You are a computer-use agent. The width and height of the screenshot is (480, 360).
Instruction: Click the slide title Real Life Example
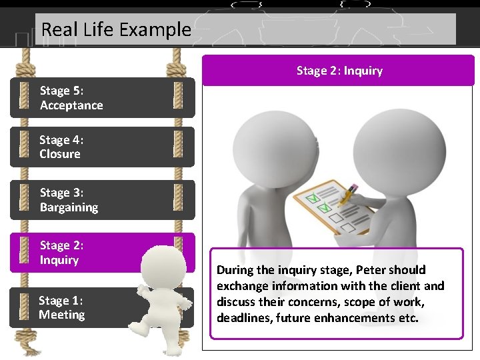click(116, 29)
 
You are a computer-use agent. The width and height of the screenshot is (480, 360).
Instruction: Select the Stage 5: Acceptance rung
click(102, 97)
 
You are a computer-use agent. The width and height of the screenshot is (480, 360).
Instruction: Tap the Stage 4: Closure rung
click(102, 147)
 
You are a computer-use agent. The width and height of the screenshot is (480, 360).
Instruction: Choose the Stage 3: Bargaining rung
click(102, 200)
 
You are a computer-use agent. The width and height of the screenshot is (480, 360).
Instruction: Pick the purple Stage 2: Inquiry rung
click(102, 253)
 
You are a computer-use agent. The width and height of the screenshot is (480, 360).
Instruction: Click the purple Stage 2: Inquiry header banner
click(339, 71)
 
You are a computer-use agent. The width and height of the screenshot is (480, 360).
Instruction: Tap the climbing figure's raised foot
click(138, 328)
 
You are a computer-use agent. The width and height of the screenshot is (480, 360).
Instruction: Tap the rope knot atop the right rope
click(177, 67)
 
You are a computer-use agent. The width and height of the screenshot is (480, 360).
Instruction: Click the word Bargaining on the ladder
click(69, 207)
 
